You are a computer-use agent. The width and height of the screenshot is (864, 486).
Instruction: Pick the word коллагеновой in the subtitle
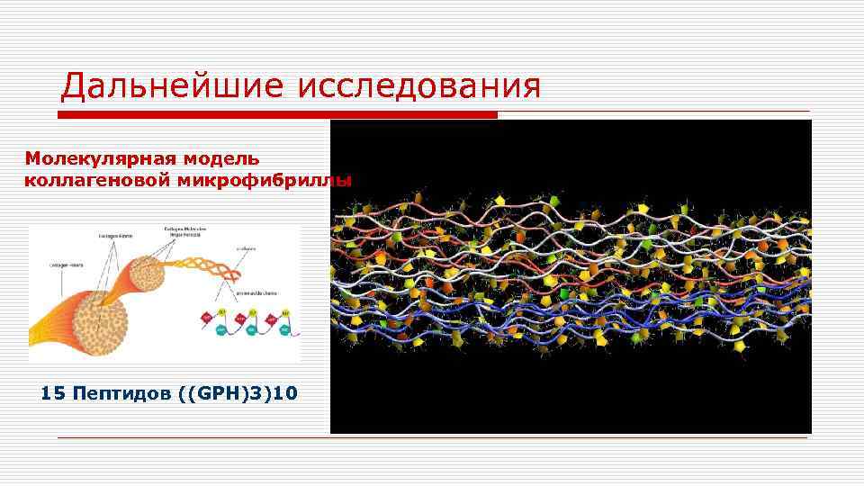85,180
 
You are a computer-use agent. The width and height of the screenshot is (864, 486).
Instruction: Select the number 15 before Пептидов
53,393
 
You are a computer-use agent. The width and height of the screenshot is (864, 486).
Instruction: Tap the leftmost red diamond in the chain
205,317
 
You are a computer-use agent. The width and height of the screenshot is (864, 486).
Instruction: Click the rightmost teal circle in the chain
283,330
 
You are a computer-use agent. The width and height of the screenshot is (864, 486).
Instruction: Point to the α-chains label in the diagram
247,249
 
